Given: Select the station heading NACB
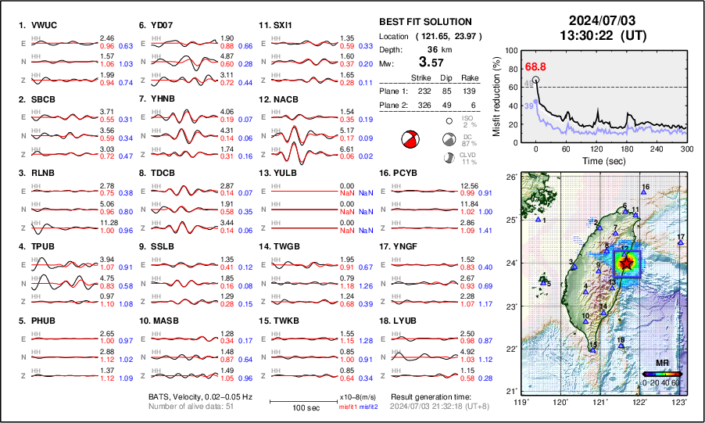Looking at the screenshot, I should (x=285, y=99).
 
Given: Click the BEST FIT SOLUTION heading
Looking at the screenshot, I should (x=424, y=22).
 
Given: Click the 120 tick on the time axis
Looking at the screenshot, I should (x=596, y=149).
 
